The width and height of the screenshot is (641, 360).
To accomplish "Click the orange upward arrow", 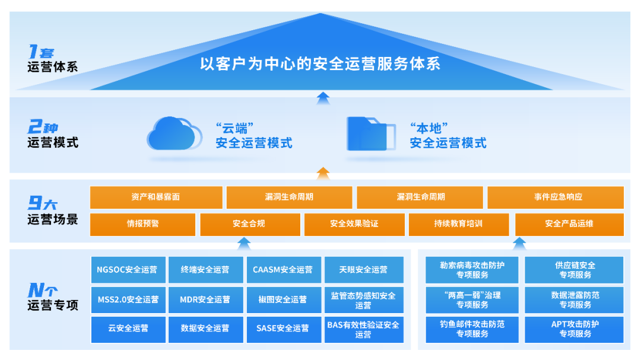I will point(322,173).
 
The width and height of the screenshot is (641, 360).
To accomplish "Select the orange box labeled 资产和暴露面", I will point(156,197).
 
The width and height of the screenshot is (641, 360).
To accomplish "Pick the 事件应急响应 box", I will point(556,197).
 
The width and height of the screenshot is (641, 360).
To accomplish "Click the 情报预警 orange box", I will point(142,224).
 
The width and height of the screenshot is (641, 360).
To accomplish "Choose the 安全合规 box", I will point(249,224).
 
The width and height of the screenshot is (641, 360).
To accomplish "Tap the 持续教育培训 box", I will point(458,224).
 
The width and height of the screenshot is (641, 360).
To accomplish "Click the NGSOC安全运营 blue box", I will point(128,270).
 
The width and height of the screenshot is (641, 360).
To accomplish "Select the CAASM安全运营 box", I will point(283,270).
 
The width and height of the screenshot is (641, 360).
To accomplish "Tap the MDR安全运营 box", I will point(205,300).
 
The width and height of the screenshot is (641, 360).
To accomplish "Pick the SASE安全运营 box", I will point(283,328).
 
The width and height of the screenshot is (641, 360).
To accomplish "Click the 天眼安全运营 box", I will point(363,270).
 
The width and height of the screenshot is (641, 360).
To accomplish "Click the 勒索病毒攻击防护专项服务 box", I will point(472,270).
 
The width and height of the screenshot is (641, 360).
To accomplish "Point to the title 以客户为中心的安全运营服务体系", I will point(320,63).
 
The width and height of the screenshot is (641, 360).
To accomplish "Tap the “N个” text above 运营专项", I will point(43,291).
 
